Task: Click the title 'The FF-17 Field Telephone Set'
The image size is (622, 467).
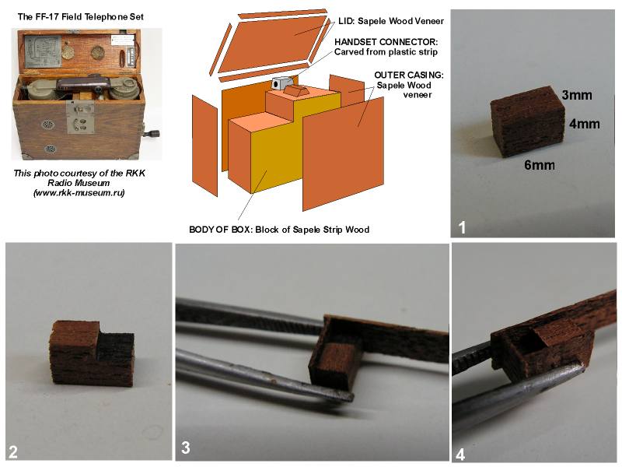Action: (81, 16)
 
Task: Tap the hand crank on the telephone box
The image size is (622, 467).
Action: (152, 133)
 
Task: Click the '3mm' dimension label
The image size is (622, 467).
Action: (577, 95)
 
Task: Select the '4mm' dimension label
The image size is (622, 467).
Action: (585, 124)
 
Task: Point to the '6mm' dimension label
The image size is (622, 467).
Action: (540, 165)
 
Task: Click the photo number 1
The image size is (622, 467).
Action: (462, 227)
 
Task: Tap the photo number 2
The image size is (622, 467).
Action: (12, 452)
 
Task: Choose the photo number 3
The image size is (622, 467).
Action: (185, 448)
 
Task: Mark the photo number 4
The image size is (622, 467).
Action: (460, 455)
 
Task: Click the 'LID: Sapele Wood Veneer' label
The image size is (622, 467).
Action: (391, 21)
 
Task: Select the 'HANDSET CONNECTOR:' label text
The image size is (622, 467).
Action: (386, 42)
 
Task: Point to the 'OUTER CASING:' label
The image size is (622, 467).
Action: (409, 75)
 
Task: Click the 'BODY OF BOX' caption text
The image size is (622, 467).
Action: (220, 230)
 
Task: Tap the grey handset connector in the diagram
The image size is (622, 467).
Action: (281, 83)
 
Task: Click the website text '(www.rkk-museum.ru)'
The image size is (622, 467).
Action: (79, 193)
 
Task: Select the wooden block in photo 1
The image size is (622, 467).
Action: (528, 121)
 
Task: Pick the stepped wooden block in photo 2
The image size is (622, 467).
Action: (93, 353)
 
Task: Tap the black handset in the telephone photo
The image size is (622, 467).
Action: (83, 84)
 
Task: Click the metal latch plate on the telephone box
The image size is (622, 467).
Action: (80, 117)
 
